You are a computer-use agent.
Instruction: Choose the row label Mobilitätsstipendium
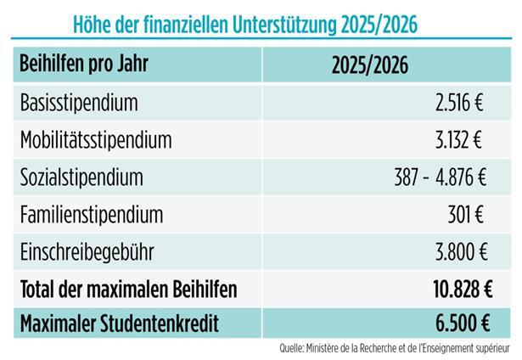point(95,140)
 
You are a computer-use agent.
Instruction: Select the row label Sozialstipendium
point(81,177)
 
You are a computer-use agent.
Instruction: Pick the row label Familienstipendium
point(91,214)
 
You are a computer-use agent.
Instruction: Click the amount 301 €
point(466,214)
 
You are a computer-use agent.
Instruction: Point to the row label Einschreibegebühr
point(88,251)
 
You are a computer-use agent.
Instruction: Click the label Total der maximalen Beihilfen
point(128,289)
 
